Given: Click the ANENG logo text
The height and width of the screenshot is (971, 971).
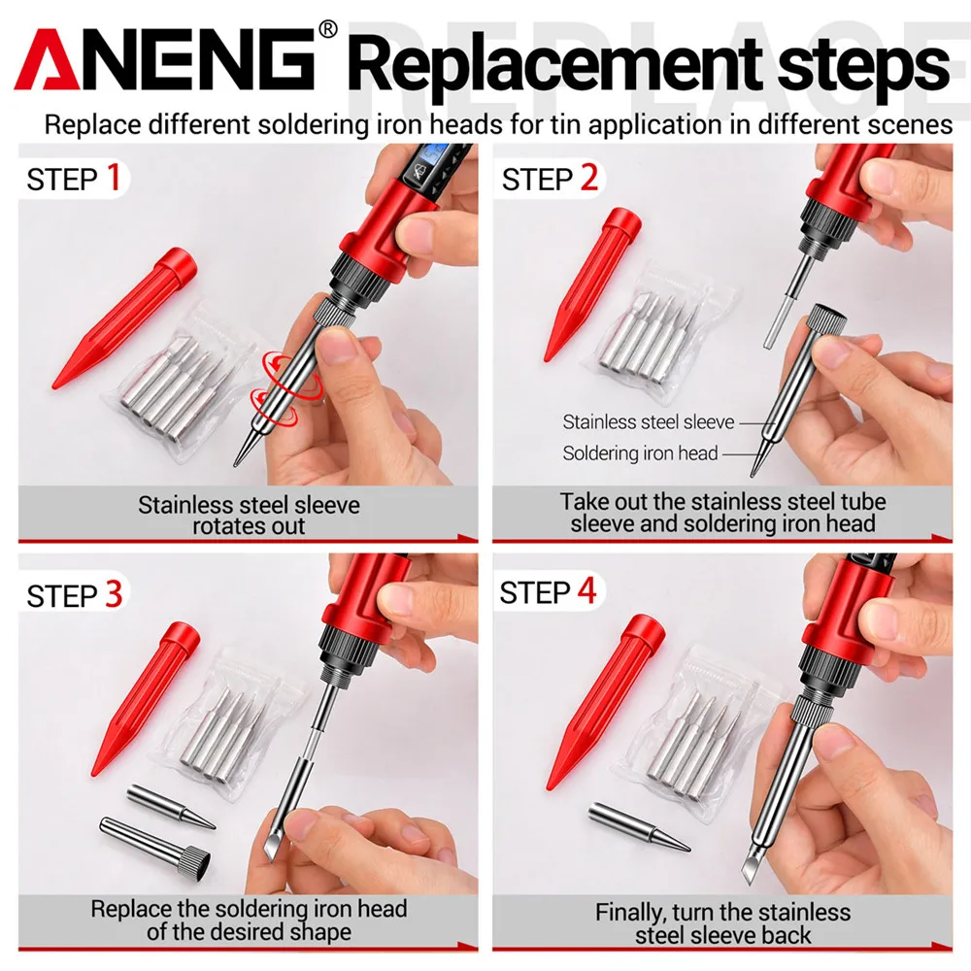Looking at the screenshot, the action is [165, 59].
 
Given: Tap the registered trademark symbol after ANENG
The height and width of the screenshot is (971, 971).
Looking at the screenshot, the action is [327, 29].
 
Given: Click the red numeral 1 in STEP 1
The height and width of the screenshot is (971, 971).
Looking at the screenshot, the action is [114, 178].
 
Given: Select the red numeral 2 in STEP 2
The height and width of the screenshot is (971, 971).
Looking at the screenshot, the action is [589, 178].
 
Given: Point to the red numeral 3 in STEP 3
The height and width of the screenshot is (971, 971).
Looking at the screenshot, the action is [114, 594].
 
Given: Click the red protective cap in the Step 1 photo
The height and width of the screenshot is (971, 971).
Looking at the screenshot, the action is [124, 318].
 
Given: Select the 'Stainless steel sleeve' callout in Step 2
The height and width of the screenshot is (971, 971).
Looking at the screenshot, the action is [649, 421].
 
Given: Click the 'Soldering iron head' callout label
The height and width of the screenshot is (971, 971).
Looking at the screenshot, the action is [640, 453].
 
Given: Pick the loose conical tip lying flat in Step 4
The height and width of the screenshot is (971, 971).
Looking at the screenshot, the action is [639, 826].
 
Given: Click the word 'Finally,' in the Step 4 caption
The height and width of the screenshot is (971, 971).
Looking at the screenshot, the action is [630, 914].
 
